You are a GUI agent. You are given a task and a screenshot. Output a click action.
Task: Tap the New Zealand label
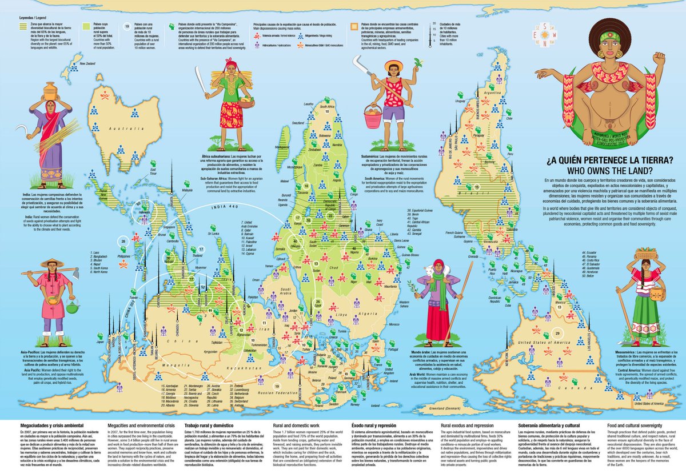click(x=85, y=64)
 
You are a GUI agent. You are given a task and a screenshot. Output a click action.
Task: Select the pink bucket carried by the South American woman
click(x=372, y=117)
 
